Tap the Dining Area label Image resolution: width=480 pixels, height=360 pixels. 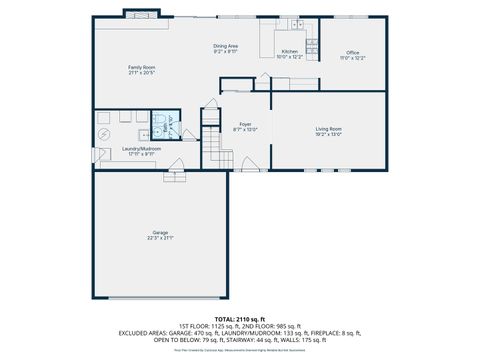pos(225,46)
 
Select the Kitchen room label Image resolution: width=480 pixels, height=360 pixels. pos(289,51)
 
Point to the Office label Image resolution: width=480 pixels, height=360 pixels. pos(352,52)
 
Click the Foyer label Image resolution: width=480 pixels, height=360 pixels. pos(245,124)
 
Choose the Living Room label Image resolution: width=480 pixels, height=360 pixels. pos(329,128)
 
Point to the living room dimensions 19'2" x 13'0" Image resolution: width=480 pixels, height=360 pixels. pos(329,134)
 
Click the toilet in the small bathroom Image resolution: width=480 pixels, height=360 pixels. pos(159,120)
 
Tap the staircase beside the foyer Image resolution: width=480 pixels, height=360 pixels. pos(212,140)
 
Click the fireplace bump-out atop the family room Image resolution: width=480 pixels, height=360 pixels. pos(140,13)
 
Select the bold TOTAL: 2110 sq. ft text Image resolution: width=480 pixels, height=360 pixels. pos(240,318)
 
